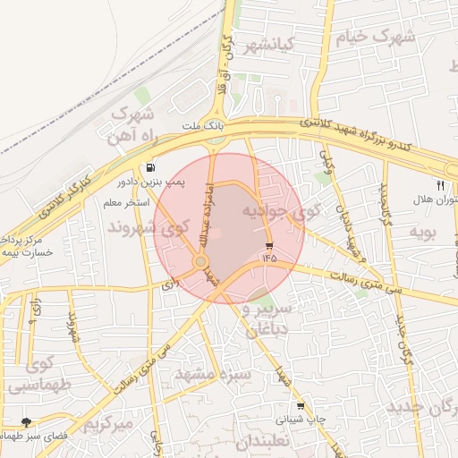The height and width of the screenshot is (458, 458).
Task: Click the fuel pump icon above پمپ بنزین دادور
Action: [148, 167]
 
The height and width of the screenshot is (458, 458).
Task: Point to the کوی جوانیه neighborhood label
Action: [281, 213]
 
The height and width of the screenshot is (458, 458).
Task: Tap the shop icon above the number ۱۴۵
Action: [269, 245]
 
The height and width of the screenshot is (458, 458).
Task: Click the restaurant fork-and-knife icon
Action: [440, 185]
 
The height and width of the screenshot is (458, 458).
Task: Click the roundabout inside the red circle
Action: [202, 262]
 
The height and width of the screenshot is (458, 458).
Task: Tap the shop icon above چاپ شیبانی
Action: [300, 405]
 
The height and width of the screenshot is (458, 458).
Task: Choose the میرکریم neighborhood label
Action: [106, 421]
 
